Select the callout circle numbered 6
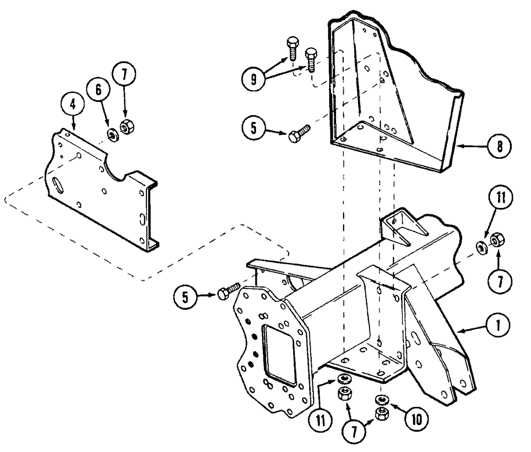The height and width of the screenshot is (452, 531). point(99,91)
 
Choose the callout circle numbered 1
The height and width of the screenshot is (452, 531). point(499,322)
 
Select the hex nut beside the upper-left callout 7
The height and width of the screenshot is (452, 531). point(126,127)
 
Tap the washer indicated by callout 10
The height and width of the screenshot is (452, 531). point(380,399)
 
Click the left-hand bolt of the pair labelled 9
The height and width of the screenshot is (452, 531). point(292,48)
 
